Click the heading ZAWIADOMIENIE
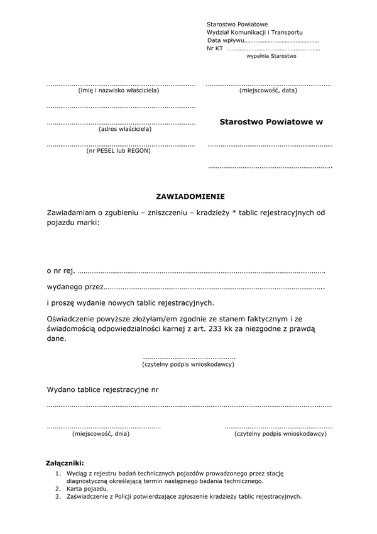pyautogui.click(x=190, y=196)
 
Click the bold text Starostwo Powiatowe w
pyautogui.click(x=271, y=122)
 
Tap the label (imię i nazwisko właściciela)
pyautogui.click(x=119, y=91)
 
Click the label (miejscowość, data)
pyautogui.click(x=268, y=91)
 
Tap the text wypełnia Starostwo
pyautogui.click(x=271, y=56)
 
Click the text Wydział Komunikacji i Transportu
pyautogui.click(x=254, y=31)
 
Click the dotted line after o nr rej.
pyautogui.click(x=201, y=272)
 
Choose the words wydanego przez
pyautogui.click(x=75, y=287)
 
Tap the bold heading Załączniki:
pyautogui.click(x=65, y=463)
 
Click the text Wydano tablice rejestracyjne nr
pyautogui.click(x=102, y=389)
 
